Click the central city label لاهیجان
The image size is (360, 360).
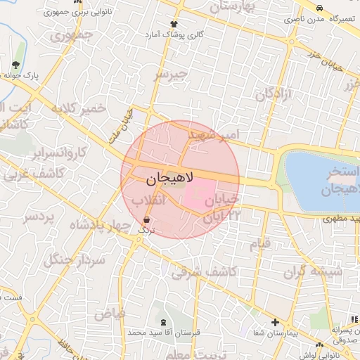tap(170, 180)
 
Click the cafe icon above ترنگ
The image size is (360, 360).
tap(147, 220)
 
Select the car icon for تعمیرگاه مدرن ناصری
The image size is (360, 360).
tap(320, 8)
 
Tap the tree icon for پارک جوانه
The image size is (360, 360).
tap(16, 65)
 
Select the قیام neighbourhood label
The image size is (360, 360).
tap(259, 245)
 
